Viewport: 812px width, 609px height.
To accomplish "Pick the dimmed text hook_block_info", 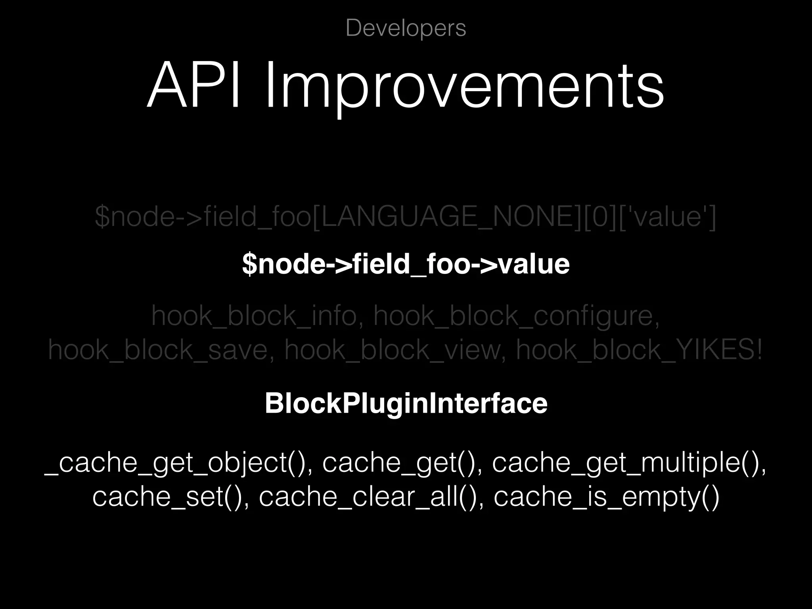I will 254,316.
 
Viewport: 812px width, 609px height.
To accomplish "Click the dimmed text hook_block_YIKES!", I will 638,350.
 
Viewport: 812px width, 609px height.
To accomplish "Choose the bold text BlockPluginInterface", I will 406,403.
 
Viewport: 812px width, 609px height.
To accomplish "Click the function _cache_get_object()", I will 174,463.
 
